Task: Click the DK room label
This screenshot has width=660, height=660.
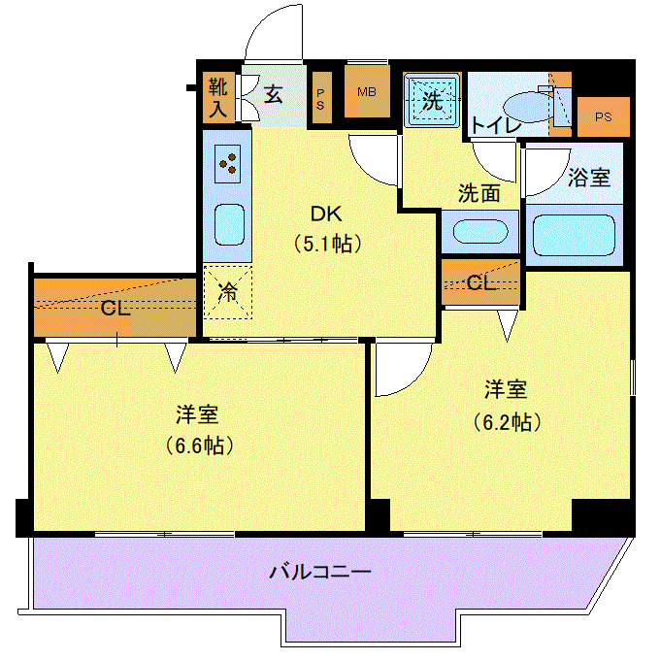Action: [326, 214]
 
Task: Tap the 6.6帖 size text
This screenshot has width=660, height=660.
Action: [199, 445]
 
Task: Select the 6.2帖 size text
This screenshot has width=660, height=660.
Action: [507, 422]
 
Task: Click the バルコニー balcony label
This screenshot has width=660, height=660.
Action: [320, 572]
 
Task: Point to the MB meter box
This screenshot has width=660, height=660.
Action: [367, 91]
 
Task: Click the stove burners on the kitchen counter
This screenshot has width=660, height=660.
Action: [227, 164]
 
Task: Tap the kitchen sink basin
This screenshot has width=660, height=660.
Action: [229, 225]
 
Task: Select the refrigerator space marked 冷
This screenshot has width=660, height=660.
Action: [228, 292]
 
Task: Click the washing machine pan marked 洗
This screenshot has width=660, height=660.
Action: [432, 100]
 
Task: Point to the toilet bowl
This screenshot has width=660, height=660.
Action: [528, 106]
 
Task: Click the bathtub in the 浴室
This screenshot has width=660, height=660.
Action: [575, 235]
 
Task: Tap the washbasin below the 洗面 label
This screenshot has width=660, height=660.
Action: [480, 231]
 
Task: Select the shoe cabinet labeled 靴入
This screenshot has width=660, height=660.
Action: [218, 98]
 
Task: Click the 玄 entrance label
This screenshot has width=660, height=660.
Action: [273, 94]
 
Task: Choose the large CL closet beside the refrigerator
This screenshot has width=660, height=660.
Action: [115, 308]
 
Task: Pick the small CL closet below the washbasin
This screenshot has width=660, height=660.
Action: [480, 281]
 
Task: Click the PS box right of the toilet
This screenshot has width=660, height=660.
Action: [603, 117]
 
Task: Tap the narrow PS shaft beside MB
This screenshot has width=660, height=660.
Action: [320, 98]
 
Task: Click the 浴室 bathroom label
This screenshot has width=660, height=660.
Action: [589, 178]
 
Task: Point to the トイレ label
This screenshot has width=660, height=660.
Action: [495, 125]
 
